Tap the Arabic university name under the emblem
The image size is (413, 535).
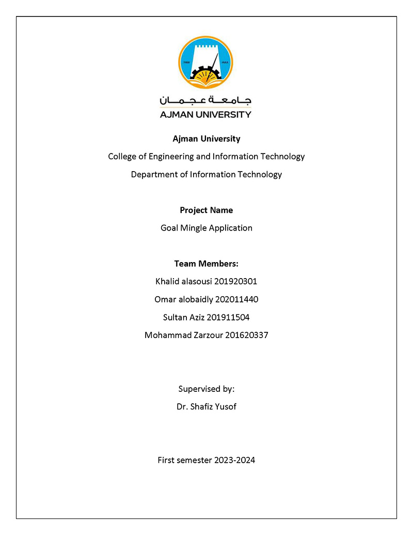(205, 100)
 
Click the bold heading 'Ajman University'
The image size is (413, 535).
(206, 139)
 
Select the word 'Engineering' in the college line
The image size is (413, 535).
(167, 156)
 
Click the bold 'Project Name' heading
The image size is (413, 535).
(206, 210)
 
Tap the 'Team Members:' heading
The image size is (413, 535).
(206, 264)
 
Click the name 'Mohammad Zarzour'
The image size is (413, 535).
(183, 335)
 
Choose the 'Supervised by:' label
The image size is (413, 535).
(206, 389)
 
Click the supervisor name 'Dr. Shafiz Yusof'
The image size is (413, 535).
(206, 406)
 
